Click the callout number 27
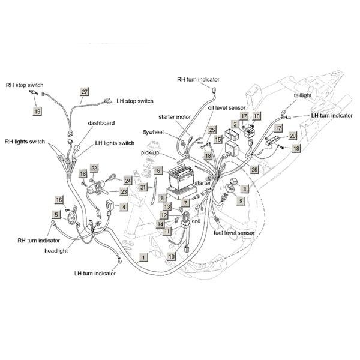tap(85, 91)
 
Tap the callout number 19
tap(37, 112)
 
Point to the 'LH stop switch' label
tap(135, 100)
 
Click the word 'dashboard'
tap(101, 123)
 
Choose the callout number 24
tap(128, 180)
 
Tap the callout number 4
tap(123, 207)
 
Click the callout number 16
tap(59, 199)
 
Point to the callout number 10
tap(171, 256)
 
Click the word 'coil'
tap(196, 221)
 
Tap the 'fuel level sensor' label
tap(234, 232)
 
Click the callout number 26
tap(254, 170)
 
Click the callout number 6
tap(158, 171)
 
